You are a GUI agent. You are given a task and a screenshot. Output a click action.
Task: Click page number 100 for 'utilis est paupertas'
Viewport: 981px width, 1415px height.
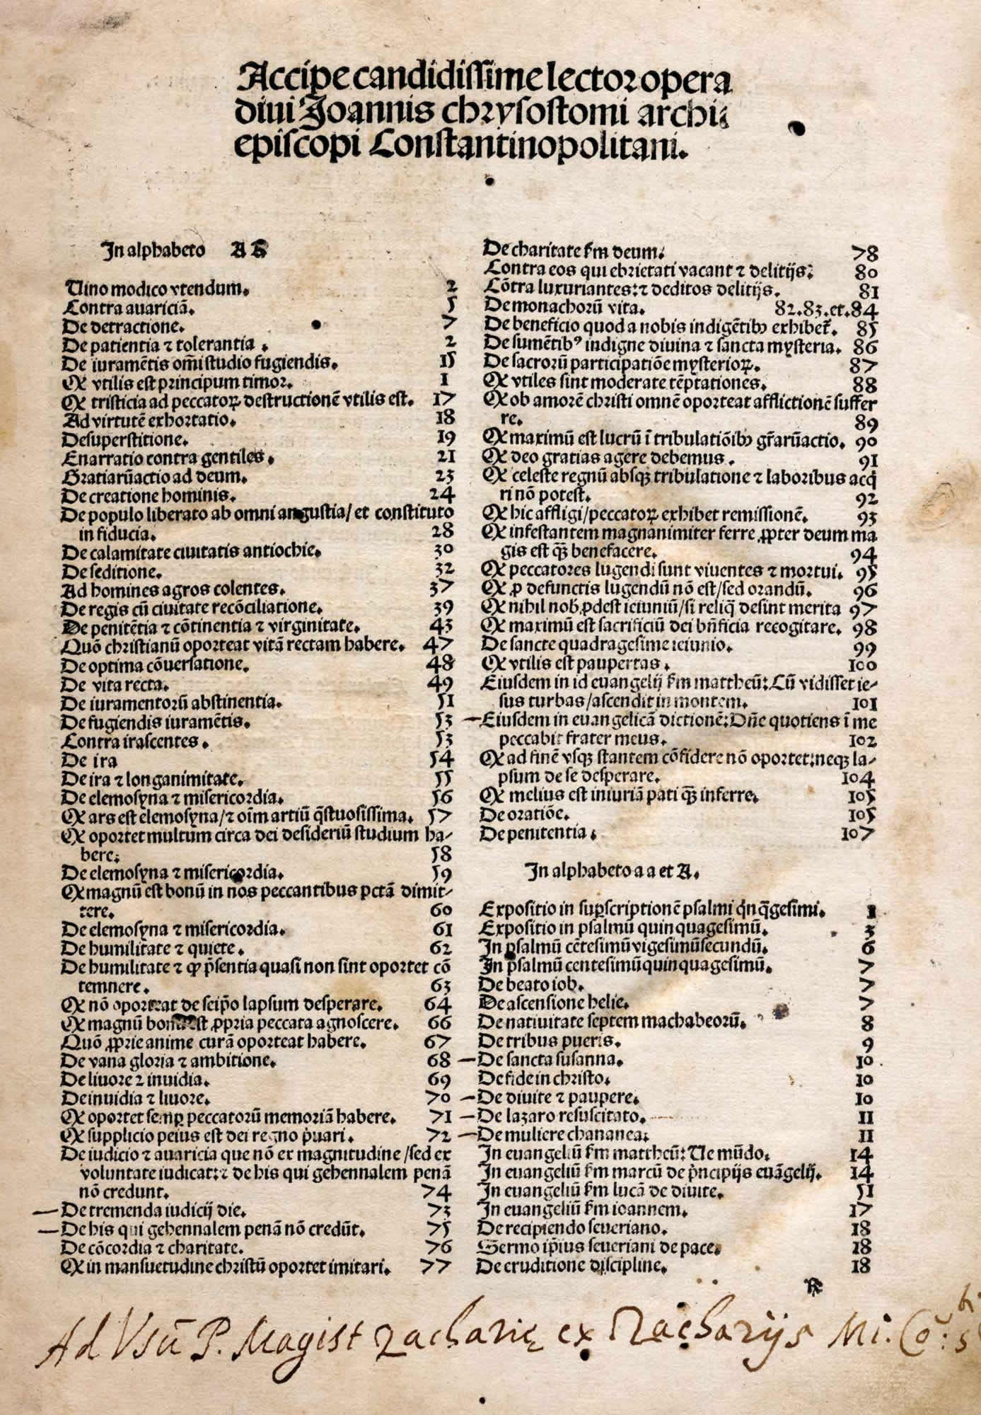tap(861, 665)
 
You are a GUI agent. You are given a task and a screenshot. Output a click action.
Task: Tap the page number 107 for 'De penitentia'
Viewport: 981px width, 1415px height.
tap(859, 833)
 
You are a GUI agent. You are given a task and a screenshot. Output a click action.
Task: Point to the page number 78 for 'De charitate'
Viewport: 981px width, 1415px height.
tap(864, 253)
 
